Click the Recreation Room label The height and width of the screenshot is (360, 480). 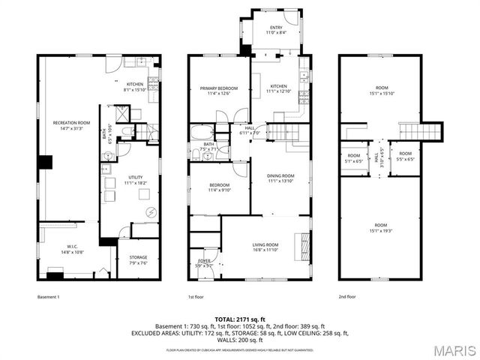[71, 124]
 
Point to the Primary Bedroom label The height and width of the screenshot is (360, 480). [218, 91]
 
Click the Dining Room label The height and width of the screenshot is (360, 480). [281, 178]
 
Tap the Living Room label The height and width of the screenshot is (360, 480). [265, 247]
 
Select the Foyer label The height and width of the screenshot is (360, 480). [204, 263]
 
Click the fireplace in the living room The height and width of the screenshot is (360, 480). [304, 245]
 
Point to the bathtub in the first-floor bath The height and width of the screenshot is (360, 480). [202, 133]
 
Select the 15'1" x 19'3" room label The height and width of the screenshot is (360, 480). [380, 228]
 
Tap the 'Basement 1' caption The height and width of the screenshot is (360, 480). [48, 297]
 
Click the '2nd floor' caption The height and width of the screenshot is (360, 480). [348, 297]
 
